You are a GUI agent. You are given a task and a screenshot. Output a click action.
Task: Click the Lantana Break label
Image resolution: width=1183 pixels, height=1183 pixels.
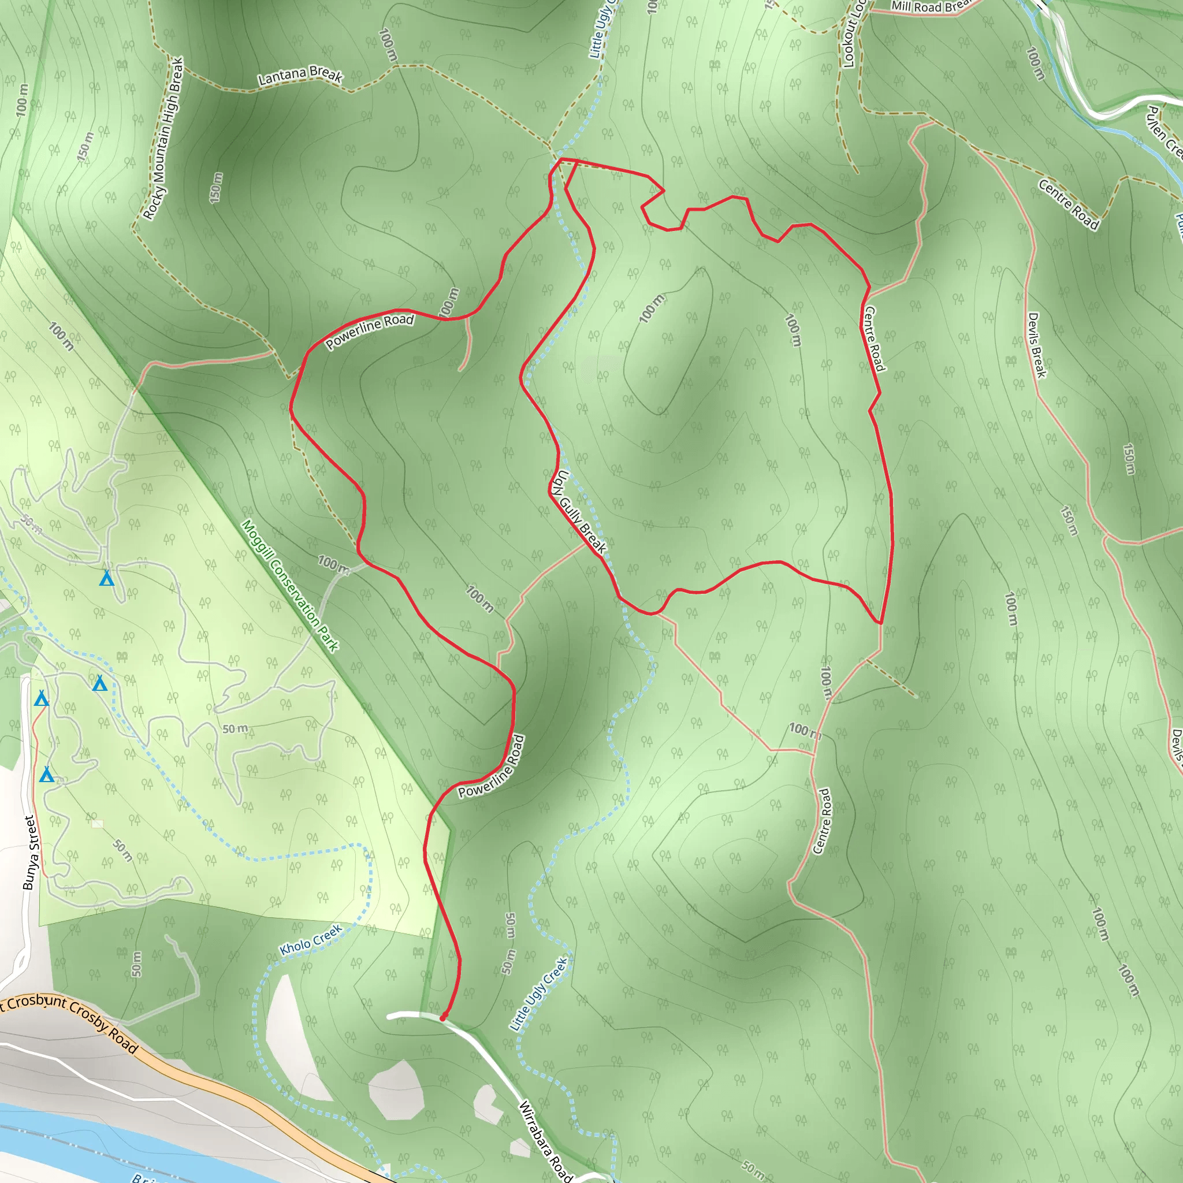pyautogui.click(x=299, y=75)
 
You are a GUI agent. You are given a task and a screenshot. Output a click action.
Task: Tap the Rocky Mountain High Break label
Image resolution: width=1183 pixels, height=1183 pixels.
pyautogui.click(x=163, y=139)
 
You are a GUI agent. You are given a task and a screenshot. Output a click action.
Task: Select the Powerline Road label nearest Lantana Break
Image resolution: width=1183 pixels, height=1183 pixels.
pyautogui.click(x=369, y=331)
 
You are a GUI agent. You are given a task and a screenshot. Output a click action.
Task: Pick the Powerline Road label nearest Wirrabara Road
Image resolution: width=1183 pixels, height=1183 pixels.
pyautogui.click(x=492, y=766)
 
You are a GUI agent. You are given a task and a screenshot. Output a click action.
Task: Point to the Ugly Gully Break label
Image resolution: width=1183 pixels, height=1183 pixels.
pyautogui.click(x=579, y=512)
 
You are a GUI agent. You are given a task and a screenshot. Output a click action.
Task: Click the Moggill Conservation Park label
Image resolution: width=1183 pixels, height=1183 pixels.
pyautogui.click(x=289, y=585)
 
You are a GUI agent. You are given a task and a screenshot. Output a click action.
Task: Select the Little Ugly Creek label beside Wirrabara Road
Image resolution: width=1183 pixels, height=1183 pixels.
pyautogui.click(x=539, y=995)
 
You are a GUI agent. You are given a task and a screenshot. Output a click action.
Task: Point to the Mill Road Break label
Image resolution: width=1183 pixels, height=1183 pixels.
pyautogui.click(x=929, y=6)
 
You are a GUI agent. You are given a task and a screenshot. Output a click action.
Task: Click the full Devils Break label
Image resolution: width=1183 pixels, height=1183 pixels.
pyautogui.click(x=1036, y=345)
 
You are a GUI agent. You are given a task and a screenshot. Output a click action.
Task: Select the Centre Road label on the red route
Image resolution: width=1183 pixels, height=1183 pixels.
pyautogui.click(x=873, y=338)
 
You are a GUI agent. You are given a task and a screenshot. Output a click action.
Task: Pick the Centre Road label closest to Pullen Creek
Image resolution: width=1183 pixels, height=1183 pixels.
pyautogui.click(x=1069, y=204)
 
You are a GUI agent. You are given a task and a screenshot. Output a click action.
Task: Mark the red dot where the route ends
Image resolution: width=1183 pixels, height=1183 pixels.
pyautogui.click(x=443, y=1018)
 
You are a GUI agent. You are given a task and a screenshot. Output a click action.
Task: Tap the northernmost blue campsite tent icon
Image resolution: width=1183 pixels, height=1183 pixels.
pyautogui.click(x=106, y=578)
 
